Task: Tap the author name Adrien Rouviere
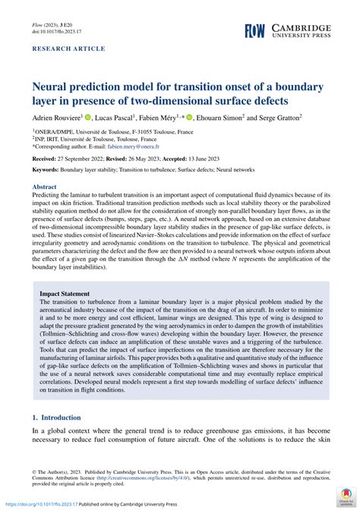tap(57, 118)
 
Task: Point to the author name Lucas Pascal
tap(112, 118)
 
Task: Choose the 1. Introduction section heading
tap(62, 418)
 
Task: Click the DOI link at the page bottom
tap(41, 504)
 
